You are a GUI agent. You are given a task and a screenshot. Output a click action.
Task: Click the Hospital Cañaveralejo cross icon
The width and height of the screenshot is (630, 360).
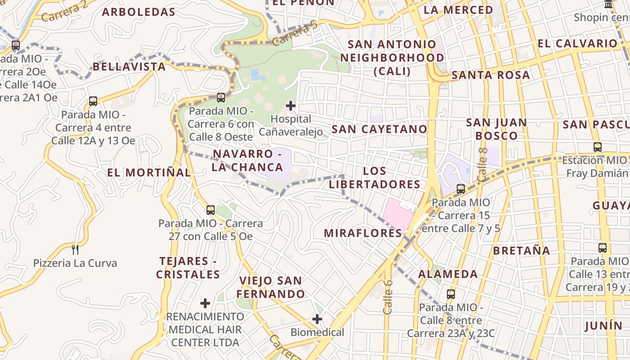point(291,106)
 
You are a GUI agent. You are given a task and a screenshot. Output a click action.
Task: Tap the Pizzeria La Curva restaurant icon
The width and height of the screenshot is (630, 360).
point(75,249)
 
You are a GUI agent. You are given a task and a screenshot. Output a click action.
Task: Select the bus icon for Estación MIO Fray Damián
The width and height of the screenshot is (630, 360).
point(598,147)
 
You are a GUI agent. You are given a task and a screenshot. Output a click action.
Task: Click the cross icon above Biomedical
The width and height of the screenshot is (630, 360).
point(317,319)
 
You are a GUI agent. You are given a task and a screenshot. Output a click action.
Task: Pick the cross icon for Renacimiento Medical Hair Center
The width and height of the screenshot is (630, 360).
point(205,303)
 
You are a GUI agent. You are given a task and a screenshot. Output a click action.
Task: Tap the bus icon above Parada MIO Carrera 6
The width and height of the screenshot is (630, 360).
point(220,97)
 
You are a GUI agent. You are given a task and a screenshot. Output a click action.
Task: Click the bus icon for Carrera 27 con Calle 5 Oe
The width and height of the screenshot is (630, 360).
point(210,210)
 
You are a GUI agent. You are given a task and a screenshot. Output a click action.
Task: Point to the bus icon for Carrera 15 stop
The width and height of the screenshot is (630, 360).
point(461,189)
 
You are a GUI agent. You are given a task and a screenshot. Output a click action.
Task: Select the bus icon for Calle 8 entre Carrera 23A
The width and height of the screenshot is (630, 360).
point(451,294)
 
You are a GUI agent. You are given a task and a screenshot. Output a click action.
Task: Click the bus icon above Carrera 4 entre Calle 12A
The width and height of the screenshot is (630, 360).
point(93,101)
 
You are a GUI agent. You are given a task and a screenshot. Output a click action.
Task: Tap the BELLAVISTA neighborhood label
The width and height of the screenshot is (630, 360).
point(129,67)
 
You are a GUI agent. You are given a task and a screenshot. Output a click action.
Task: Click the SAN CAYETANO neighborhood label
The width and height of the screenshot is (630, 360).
point(379,129)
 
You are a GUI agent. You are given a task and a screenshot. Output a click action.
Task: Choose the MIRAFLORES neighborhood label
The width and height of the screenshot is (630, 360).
point(363,233)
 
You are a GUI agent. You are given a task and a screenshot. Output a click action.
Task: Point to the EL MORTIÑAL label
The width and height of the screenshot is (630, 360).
point(149,172)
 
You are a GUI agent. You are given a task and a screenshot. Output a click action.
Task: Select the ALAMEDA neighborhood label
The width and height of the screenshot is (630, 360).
point(448,274)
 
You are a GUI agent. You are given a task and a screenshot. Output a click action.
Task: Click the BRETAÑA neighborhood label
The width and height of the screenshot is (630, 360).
point(522,250)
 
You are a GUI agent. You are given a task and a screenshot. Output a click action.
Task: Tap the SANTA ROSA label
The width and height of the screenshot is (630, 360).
point(490,75)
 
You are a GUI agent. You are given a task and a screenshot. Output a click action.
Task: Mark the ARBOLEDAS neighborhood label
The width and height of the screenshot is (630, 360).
point(139,12)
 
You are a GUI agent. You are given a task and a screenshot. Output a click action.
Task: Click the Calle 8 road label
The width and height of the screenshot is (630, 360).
point(482,165)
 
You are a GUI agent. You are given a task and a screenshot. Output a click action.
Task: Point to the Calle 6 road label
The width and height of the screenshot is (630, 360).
point(388,297)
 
